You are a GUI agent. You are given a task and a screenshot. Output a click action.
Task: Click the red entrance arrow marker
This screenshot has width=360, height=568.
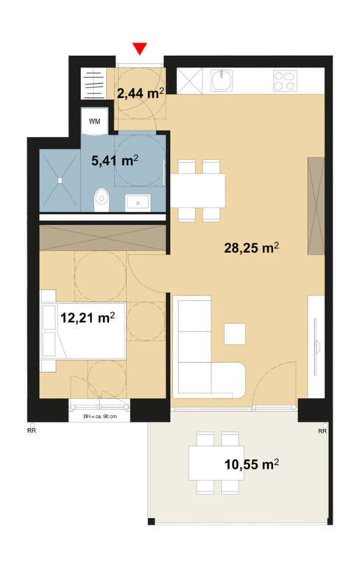[140, 49]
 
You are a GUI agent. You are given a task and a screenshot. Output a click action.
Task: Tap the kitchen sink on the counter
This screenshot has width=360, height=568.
[222, 80]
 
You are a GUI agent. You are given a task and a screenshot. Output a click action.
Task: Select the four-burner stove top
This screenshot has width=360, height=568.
[286, 80]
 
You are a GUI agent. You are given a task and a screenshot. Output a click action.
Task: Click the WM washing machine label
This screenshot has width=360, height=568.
[95, 121]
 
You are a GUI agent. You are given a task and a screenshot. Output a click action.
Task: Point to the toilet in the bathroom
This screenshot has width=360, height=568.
[102, 199]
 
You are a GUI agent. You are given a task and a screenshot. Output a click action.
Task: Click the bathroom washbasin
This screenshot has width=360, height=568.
[138, 202]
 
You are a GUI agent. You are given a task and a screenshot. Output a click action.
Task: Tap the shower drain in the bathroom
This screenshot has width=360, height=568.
[60, 180]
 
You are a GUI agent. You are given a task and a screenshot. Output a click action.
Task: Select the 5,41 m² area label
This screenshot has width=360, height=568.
[115, 160]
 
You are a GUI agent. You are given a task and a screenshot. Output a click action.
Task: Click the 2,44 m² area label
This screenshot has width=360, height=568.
[141, 93]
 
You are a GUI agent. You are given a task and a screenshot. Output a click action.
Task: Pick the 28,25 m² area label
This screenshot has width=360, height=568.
[251, 248]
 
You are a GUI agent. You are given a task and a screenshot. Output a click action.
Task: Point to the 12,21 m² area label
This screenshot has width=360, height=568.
[88, 318]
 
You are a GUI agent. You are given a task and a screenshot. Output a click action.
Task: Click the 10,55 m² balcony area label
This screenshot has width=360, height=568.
[252, 464]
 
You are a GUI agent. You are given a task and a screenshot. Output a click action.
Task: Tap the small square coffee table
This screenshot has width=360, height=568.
[235, 334]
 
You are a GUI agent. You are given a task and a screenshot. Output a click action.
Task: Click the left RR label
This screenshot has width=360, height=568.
[32, 430]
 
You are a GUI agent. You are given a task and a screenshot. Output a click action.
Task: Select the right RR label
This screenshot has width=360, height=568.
[322, 431]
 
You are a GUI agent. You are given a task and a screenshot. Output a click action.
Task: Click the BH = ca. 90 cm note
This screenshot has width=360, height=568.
[100, 416]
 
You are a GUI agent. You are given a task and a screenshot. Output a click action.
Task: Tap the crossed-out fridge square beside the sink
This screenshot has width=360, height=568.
[189, 81]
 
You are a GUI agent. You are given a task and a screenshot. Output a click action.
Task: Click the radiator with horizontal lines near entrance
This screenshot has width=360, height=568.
[93, 83]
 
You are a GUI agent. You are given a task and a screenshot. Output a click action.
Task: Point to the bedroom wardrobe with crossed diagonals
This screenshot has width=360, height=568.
[103, 238]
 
